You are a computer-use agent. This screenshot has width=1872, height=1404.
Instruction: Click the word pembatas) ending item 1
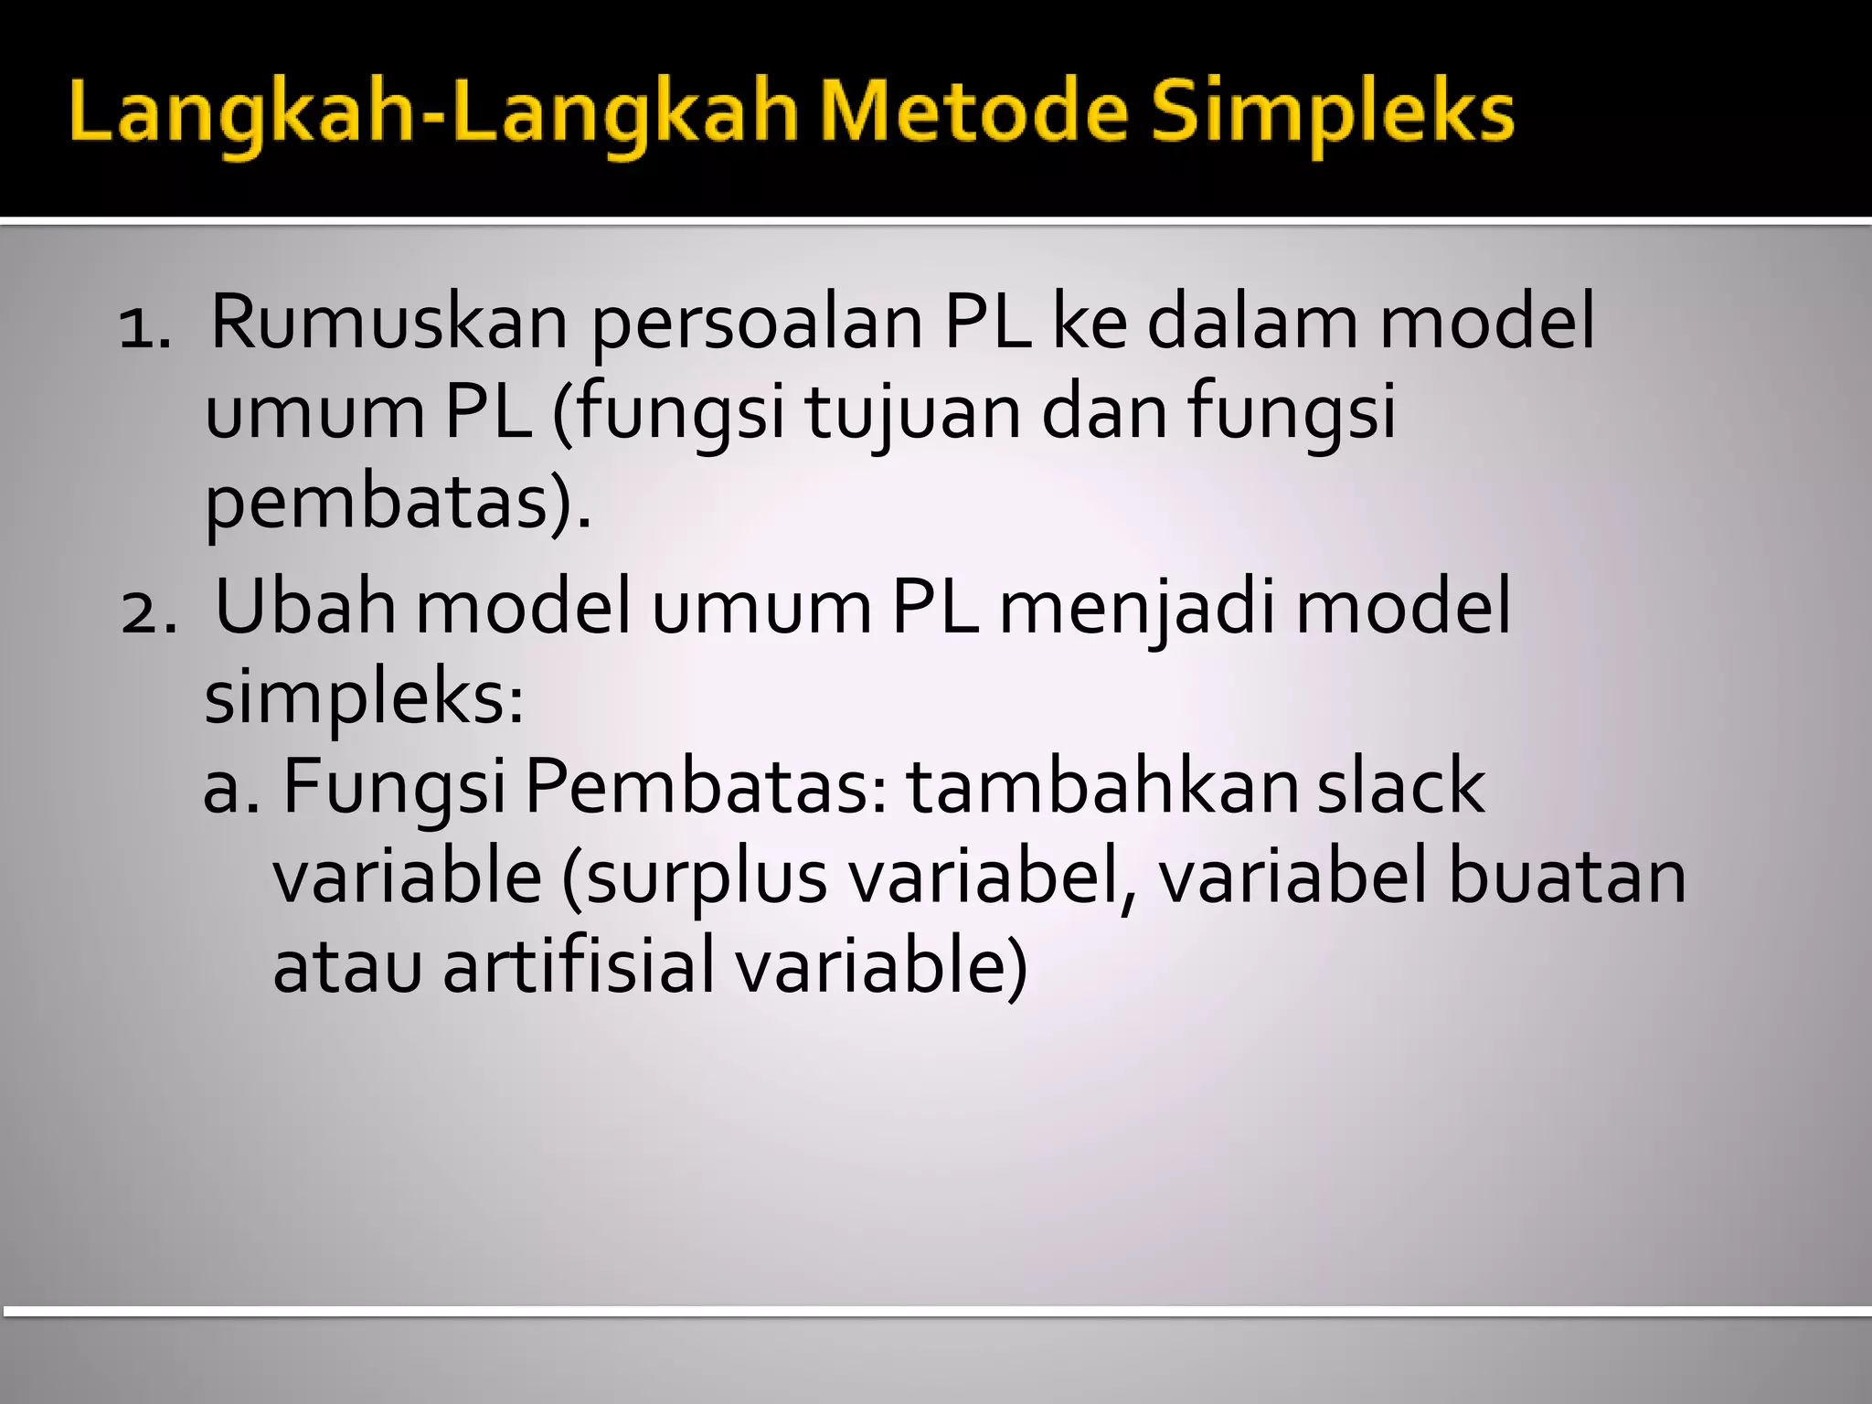(x=398, y=505)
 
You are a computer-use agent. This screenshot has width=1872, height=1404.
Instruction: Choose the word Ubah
(x=305, y=607)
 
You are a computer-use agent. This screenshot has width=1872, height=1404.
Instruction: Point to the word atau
(x=347, y=969)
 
